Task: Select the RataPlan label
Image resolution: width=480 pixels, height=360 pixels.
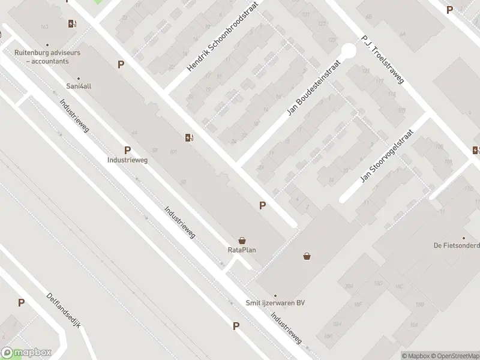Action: (242, 250)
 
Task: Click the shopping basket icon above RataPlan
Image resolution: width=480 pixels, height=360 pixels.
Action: (242, 240)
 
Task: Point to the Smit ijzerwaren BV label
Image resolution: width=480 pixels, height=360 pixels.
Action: (275, 303)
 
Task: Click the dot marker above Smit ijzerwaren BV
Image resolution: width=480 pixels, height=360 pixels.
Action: (275, 295)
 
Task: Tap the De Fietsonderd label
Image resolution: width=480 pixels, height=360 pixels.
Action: (457, 245)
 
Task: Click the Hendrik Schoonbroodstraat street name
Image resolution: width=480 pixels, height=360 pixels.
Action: (226, 41)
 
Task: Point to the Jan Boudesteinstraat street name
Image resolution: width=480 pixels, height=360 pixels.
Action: (314, 87)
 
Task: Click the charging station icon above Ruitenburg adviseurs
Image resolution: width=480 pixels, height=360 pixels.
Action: (72, 24)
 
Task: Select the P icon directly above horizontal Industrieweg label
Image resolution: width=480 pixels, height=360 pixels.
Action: (127, 150)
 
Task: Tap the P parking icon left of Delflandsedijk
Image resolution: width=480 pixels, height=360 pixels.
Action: (22, 303)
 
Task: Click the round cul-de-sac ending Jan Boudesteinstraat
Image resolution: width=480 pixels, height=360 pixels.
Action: (348, 52)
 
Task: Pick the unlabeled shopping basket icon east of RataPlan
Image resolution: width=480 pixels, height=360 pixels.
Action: (307, 256)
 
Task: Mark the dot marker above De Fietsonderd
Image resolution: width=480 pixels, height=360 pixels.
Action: (463, 238)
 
